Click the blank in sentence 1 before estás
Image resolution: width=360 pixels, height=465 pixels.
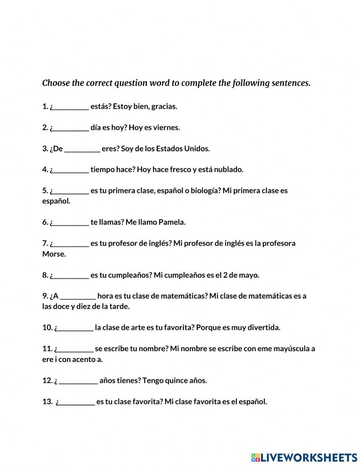tap(71, 107)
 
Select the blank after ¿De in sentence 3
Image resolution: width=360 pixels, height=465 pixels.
tap(82, 149)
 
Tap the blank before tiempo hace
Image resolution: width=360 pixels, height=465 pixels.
tap(71, 170)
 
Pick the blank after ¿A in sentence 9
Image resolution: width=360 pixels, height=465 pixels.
tap(78, 296)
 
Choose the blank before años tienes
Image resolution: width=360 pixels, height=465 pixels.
tap(78, 381)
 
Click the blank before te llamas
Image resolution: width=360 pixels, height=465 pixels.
tap(71, 223)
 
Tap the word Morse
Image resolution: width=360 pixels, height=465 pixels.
tap(53, 254)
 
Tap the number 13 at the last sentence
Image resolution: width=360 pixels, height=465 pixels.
tap(47, 402)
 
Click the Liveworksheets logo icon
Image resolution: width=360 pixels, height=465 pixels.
tap(255, 457)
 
